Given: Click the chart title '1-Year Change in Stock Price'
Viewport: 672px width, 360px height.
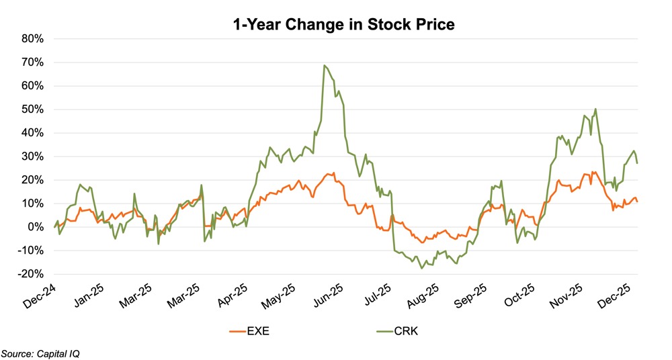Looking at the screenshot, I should (343, 25).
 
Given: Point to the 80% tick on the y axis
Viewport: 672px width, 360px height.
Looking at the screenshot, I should (32, 39).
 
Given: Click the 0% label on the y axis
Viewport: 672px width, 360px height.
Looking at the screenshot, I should (35, 227).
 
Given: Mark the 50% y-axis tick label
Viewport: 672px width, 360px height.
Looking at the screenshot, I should (32, 109).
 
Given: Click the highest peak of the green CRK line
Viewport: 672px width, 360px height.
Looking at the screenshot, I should (325, 66).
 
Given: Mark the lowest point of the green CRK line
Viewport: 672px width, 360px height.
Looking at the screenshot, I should (421, 268).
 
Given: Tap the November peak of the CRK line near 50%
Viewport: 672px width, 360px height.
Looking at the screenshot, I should (595, 109).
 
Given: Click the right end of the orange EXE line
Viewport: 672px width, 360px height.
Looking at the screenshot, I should (637, 201).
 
